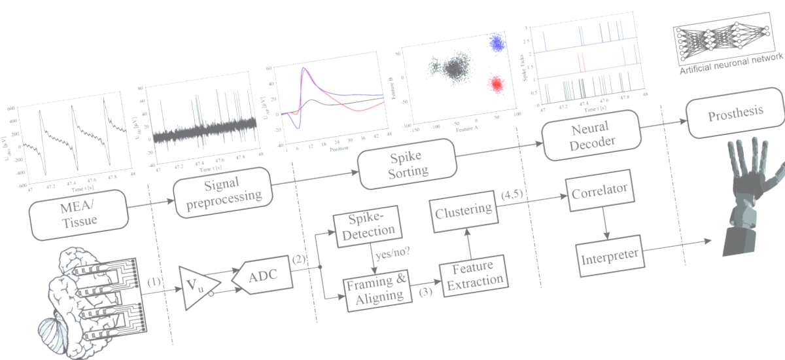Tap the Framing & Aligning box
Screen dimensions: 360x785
[375, 289]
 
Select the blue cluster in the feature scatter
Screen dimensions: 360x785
[497, 43]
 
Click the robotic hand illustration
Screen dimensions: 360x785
[752, 190]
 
